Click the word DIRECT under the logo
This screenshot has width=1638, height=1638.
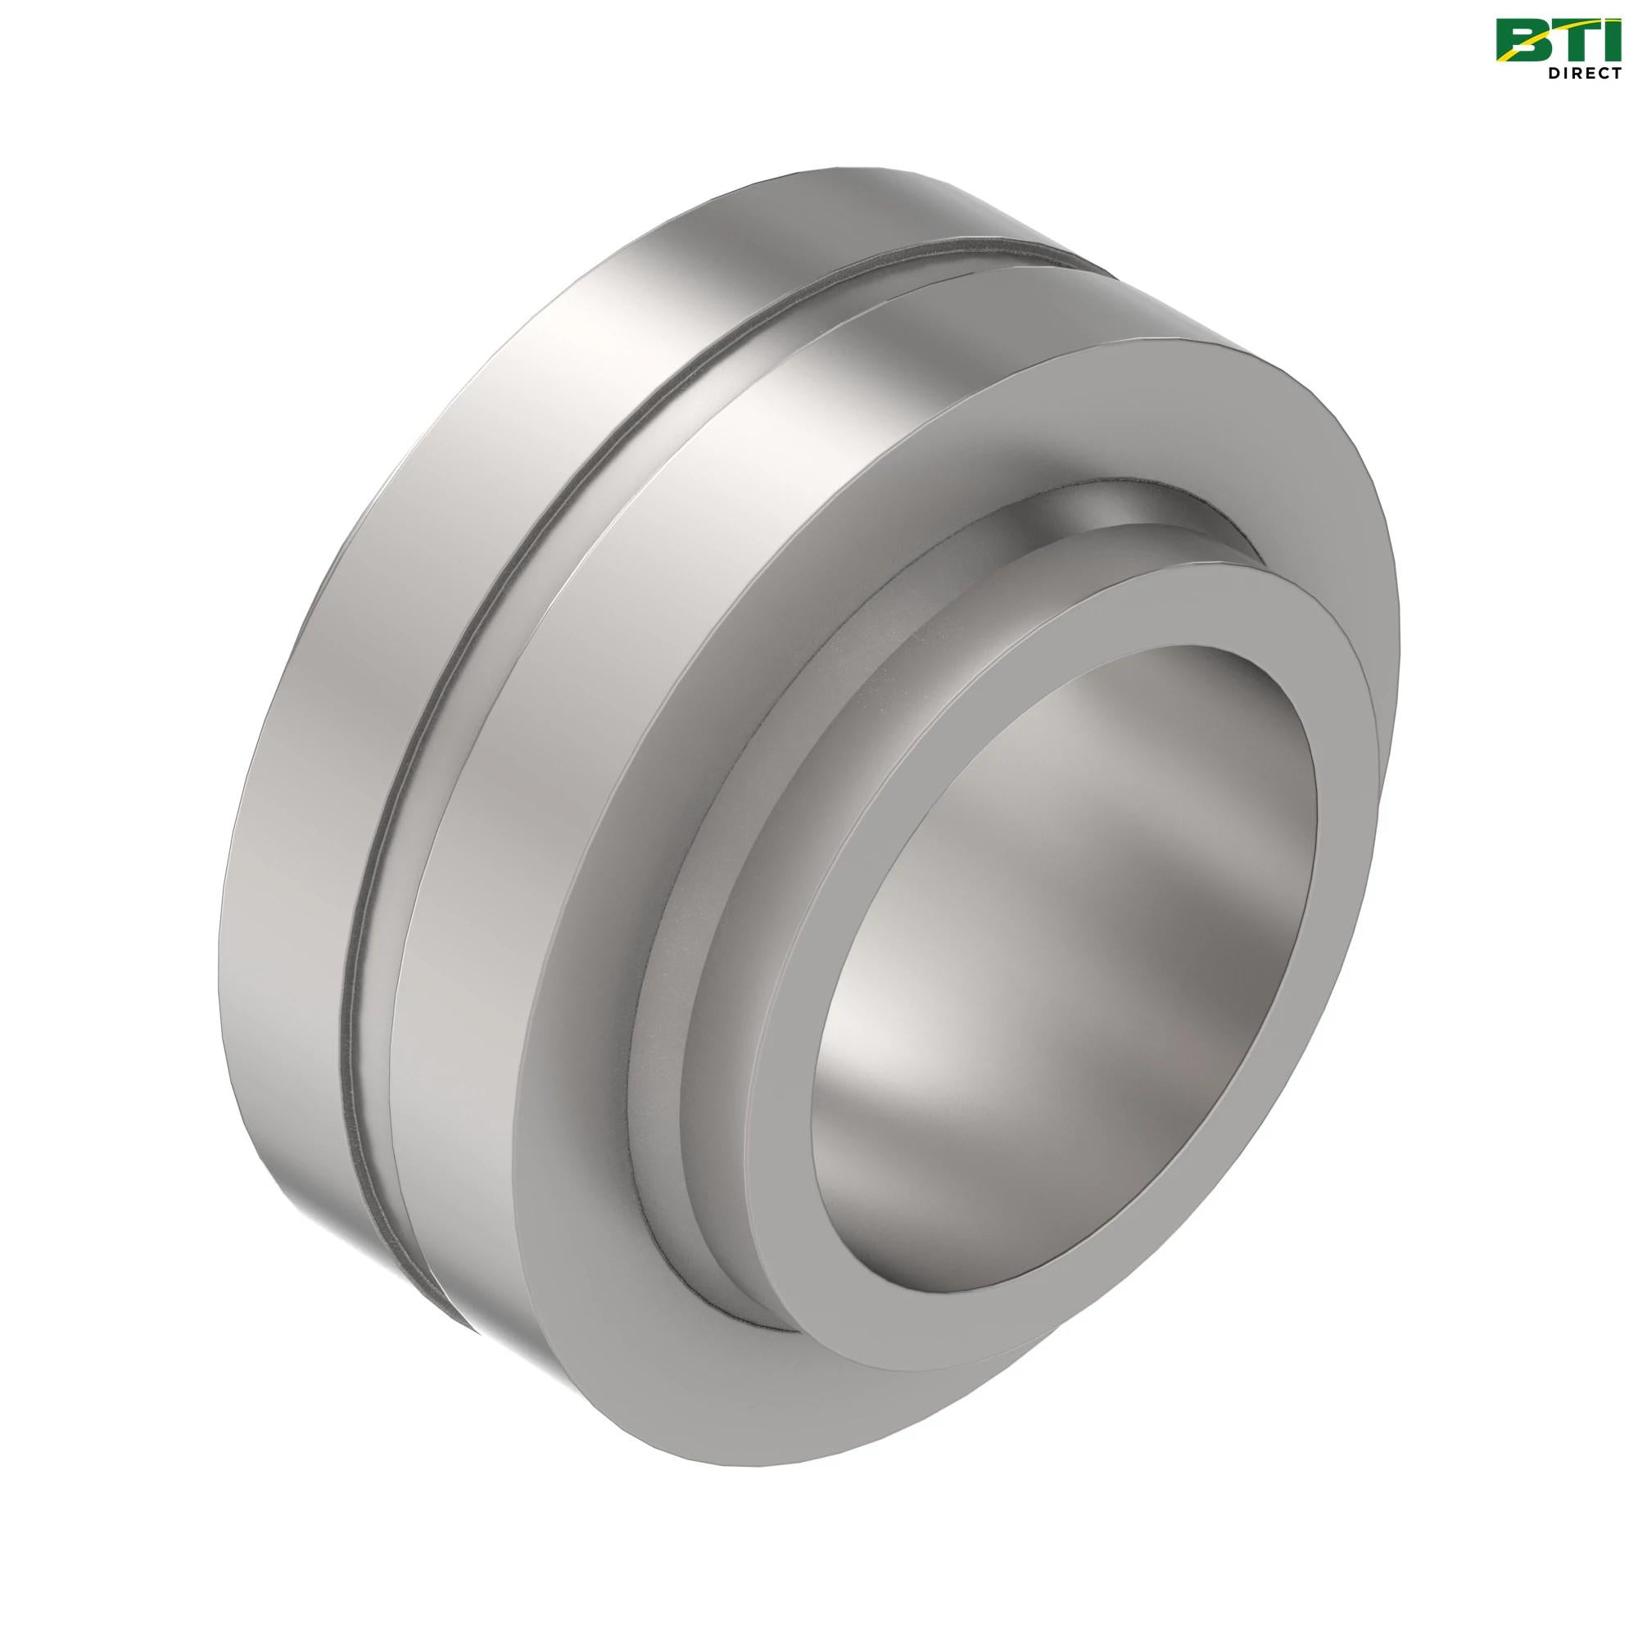1583,74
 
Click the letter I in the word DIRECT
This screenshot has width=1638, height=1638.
1563,74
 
